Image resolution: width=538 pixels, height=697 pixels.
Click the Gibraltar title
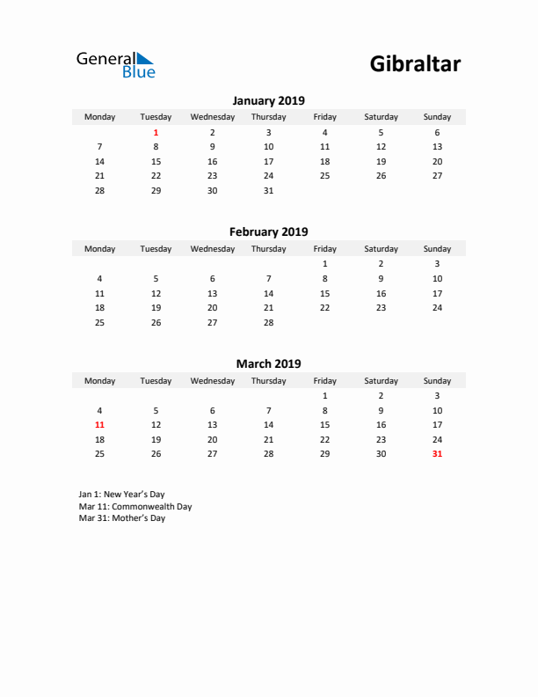click(x=415, y=64)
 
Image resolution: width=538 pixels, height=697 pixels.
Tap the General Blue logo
click(x=115, y=64)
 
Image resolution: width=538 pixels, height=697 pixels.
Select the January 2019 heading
click(x=268, y=100)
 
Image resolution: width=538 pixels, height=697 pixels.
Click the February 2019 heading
click(x=268, y=232)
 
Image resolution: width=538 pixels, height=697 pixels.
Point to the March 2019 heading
click(x=268, y=363)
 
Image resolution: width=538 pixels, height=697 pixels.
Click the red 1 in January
click(x=156, y=132)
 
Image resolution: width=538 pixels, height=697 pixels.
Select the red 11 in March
click(x=99, y=425)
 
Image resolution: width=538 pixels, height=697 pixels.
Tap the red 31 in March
click(x=437, y=454)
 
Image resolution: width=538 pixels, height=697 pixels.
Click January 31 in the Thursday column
click(x=268, y=191)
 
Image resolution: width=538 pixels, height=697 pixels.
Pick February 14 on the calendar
click(x=268, y=293)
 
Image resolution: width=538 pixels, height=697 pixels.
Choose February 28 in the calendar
click(x=268, y=323)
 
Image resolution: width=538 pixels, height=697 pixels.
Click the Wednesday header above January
click(x=212, y=117)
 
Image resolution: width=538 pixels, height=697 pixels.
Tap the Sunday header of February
click(x=437, y=249)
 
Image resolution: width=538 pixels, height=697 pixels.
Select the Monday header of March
click(x=99, y=381)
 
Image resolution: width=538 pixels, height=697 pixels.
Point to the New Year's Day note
click(x=121, y=495)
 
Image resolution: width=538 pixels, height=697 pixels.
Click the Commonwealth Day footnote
click(x=134, y=507)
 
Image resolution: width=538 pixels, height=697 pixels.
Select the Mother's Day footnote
click(x=121, y=518)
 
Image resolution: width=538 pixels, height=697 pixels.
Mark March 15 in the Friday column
click(x=324, y=425)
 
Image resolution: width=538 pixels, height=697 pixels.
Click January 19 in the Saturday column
click(x=381, y=162)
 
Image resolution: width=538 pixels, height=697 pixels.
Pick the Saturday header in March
click(x=381, y=381)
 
